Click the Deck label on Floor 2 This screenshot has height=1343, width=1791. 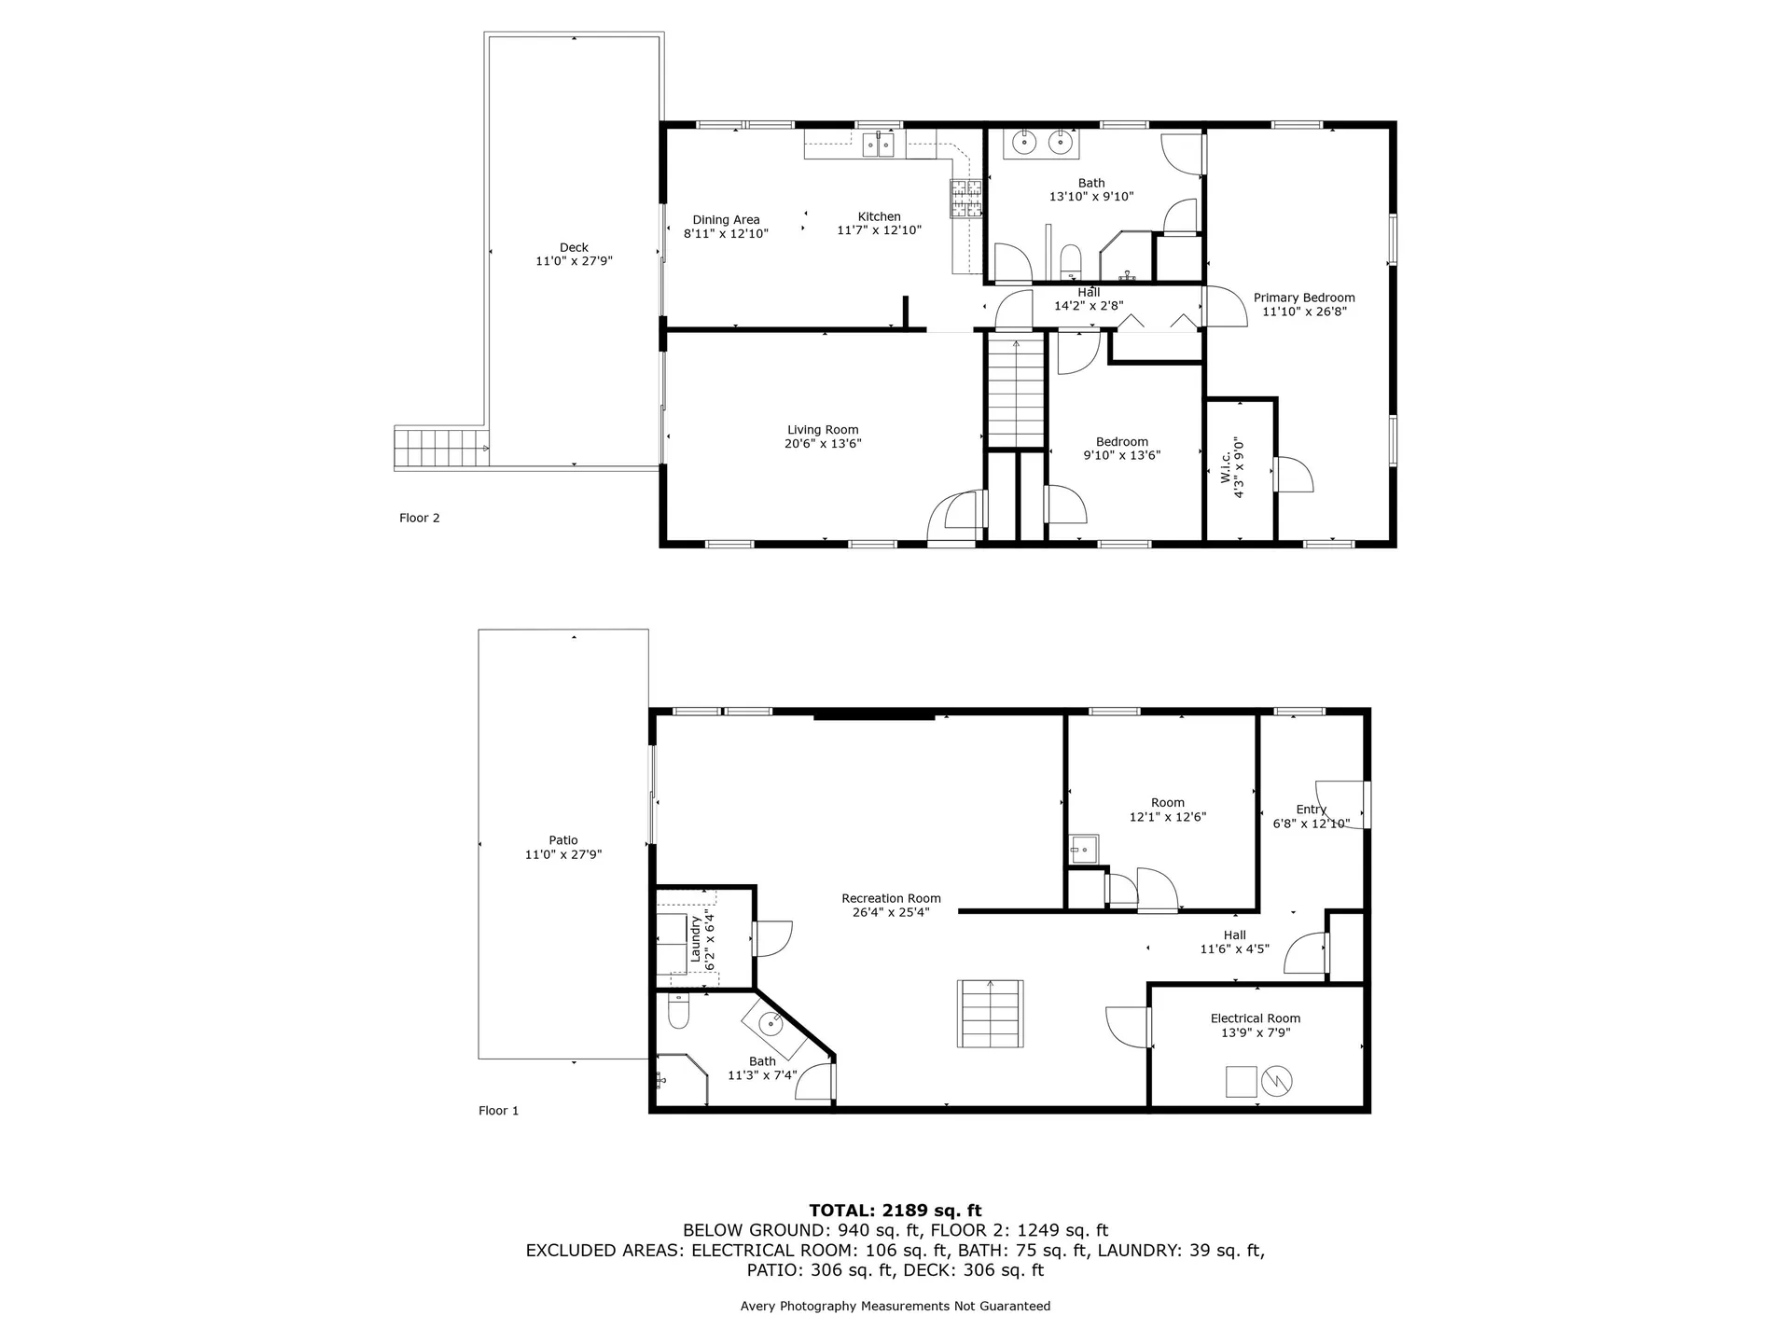pos(574,247)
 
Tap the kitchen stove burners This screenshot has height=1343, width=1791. pos(966,198)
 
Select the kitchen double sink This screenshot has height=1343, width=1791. pos(878,145)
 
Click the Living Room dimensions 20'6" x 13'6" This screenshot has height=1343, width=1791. pos(822,444)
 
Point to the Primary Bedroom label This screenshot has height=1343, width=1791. pos(1303,298)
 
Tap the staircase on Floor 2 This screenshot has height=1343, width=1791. pos(1015,394)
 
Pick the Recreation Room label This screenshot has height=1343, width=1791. pos(891,898)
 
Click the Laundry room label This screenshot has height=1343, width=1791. pos(695,939)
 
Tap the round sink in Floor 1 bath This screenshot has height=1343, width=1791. pos(771,1024)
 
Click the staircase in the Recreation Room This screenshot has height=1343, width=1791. pos(990,1013)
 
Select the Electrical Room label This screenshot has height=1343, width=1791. pos(1255,1018)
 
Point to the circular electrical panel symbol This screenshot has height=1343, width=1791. pos(1275,1082)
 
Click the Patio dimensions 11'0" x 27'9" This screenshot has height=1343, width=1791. pos(562,854)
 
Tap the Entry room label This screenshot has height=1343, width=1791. pos(1311,810)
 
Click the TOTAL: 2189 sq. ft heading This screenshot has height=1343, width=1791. pos(895,1211)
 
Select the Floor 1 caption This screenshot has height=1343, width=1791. pos(498,1111)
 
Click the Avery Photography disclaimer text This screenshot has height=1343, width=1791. pos(895,1306)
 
